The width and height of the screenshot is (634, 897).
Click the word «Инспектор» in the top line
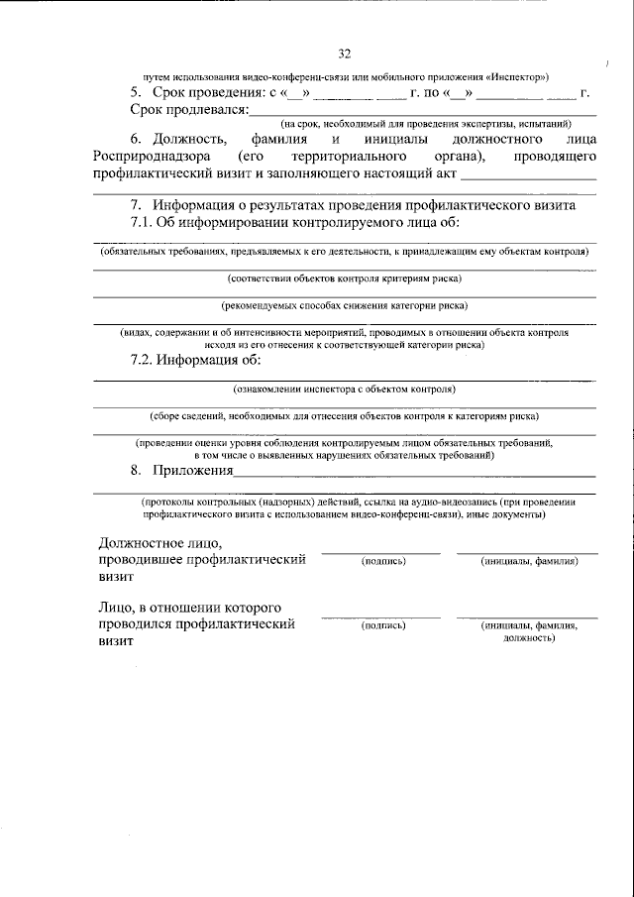coord(514,76)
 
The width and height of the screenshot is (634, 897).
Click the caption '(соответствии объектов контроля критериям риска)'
coord(344,279)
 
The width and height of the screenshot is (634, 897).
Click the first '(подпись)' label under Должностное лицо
coord(381,561)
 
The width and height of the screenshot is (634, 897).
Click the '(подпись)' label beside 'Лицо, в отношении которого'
coord(381,626)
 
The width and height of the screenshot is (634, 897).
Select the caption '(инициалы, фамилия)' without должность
coord(529,561)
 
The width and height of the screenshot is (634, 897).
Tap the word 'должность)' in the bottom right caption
coord(529,638)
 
